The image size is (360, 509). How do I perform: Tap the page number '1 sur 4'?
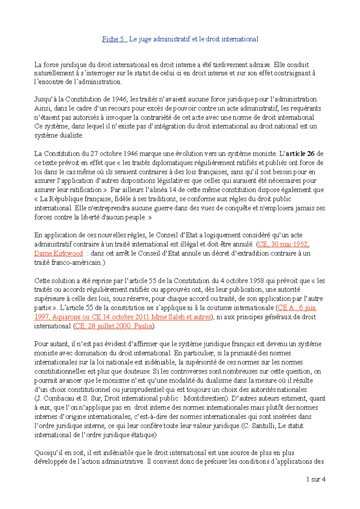click(316, 479)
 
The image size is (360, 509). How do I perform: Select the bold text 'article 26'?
click(300, 154)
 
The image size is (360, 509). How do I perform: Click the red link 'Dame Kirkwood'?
click(58, 253)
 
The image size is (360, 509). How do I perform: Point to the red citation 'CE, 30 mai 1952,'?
click(283, 244)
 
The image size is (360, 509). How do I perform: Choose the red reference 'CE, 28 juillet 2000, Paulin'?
click(114, 326)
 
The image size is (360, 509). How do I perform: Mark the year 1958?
click(256, 281)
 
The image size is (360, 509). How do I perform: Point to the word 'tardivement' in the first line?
click(230, 65)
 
